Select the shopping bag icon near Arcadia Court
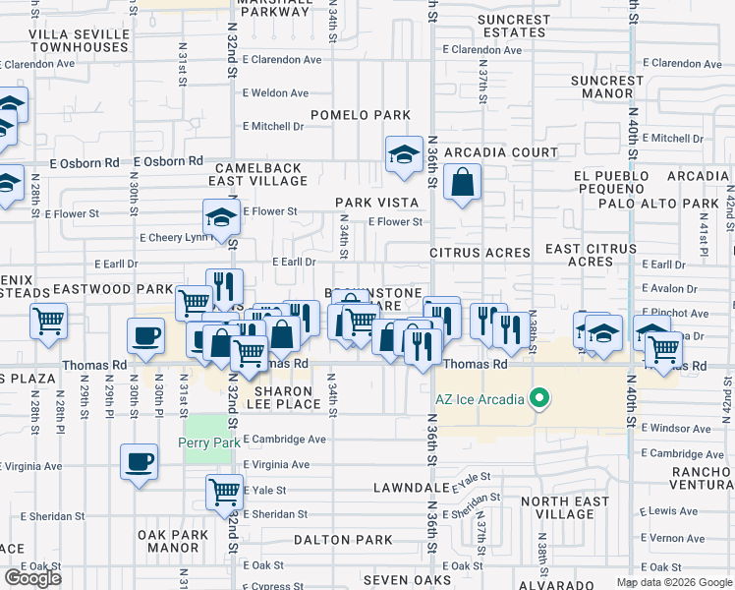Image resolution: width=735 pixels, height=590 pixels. [462, 182]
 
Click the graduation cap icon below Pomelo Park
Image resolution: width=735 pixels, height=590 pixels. [403, 154]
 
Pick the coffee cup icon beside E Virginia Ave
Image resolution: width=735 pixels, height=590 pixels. [139, 460]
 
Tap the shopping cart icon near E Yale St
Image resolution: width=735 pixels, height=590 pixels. [225, 491]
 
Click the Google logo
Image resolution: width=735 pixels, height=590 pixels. [32, 578]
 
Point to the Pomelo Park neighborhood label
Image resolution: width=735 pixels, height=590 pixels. [361, 115]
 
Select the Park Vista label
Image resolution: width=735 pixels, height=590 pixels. [376, 203]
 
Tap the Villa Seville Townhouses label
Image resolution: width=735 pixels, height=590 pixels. [79, 40]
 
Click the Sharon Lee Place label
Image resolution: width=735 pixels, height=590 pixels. [284, 397]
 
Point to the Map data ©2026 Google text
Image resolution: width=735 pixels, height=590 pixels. [674, 582]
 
